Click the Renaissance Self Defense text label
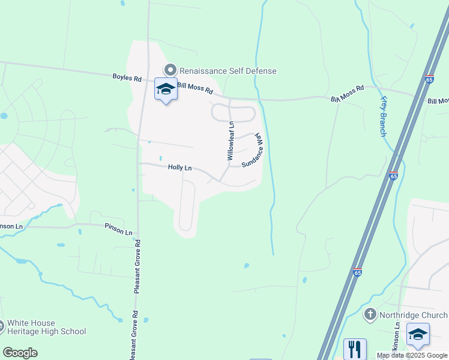(x=228, y=71)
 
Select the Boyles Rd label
(x=127, y=78)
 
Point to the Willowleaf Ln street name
(x=231, y=141)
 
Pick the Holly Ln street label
(x=179, y=168)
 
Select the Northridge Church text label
(x=413, y=315)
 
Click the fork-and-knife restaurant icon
(x=354, y=349)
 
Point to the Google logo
(x=20, y=353)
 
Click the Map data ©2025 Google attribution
(x=412, y=355)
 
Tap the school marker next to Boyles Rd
(x=166, y=89)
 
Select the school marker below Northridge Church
(x=418, y=335)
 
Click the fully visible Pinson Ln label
(x=118, y=230)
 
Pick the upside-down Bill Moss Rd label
(x=348, y=94)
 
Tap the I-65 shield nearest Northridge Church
(x=357, y=272)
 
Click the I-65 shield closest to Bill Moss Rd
(x=429, y=79)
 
